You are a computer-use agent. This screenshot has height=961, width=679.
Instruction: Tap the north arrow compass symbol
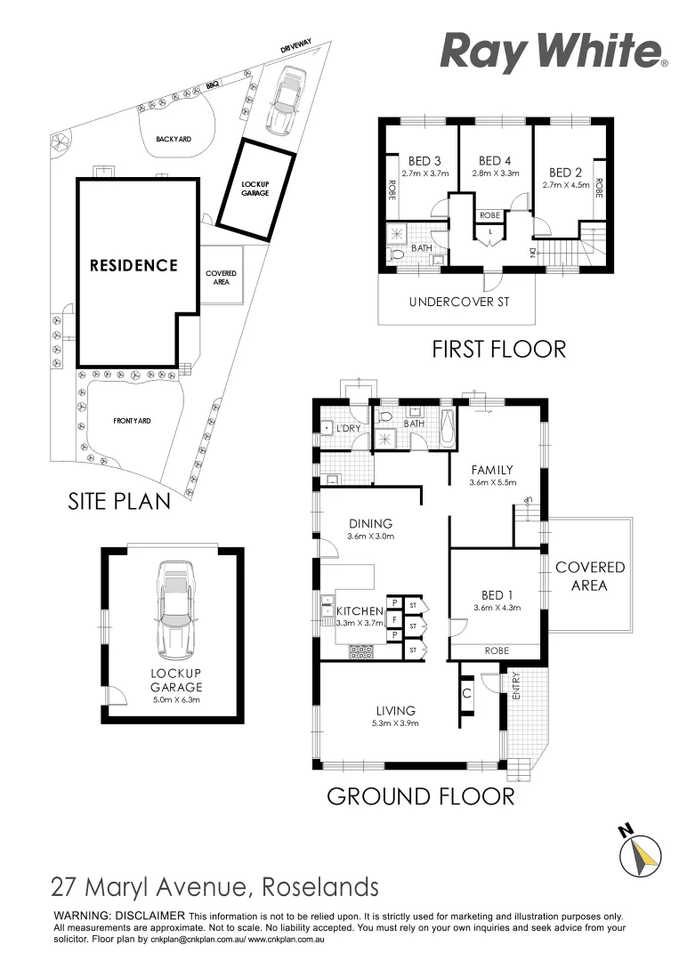(640, 851)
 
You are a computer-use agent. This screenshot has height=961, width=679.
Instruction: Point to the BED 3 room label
(420, 161)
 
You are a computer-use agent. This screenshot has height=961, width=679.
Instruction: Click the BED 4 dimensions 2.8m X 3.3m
(496, 174)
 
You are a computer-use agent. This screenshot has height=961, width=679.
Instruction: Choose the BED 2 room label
(565, 173)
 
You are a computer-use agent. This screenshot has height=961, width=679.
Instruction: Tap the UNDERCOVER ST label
(458, 303)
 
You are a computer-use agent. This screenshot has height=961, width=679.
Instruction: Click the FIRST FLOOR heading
(498, 348)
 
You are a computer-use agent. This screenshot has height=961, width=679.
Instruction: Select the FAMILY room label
(492, 470)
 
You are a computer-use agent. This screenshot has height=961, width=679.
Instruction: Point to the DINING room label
(370, 524)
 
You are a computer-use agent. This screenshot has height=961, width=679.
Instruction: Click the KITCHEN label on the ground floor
(360, 611)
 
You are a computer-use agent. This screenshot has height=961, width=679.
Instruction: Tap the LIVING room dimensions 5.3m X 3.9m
(395, 723)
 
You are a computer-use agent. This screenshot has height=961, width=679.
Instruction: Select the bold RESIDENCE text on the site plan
(133, 265)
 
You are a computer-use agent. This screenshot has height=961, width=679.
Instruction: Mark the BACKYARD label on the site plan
(174, 140)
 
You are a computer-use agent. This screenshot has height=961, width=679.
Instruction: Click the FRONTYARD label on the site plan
(132, 420)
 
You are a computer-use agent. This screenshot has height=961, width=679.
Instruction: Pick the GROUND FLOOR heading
(420, 795)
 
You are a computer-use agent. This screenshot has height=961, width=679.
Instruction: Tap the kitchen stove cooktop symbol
(362, 651)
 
